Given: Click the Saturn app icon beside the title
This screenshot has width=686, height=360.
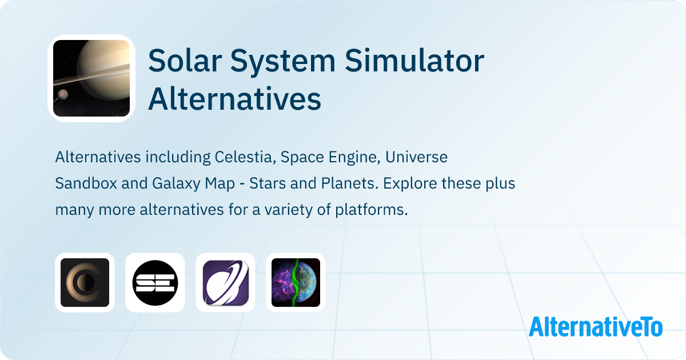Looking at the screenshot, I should point(91,78).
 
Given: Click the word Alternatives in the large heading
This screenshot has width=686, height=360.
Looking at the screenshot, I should point(234,99).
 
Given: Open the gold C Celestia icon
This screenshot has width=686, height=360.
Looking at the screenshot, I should point(85,283).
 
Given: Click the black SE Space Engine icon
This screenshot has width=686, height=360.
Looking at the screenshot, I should point(155,283).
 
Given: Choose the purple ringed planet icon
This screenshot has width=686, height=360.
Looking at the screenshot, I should point(225,283).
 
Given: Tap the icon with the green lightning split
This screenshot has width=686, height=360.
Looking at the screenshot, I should point(296,283).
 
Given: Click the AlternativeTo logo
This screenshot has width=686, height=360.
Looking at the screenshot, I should point(596,327).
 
